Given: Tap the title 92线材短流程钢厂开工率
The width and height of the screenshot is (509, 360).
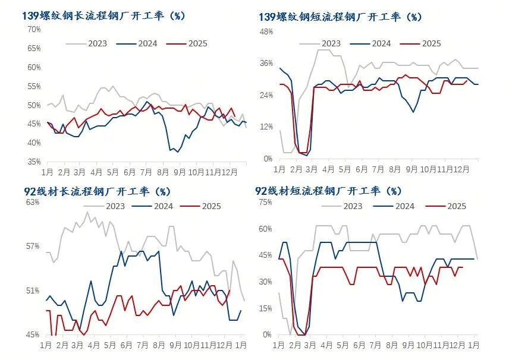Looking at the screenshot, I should tap(329, 191).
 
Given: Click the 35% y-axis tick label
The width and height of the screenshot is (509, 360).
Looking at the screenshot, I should tap(34, 162).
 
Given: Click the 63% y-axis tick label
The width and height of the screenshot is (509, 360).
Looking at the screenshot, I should tap(32, 202).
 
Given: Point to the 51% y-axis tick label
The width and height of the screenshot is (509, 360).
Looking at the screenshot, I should tap(32, 290).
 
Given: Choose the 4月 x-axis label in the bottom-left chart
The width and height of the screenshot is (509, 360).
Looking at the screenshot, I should tap(93, 345).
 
